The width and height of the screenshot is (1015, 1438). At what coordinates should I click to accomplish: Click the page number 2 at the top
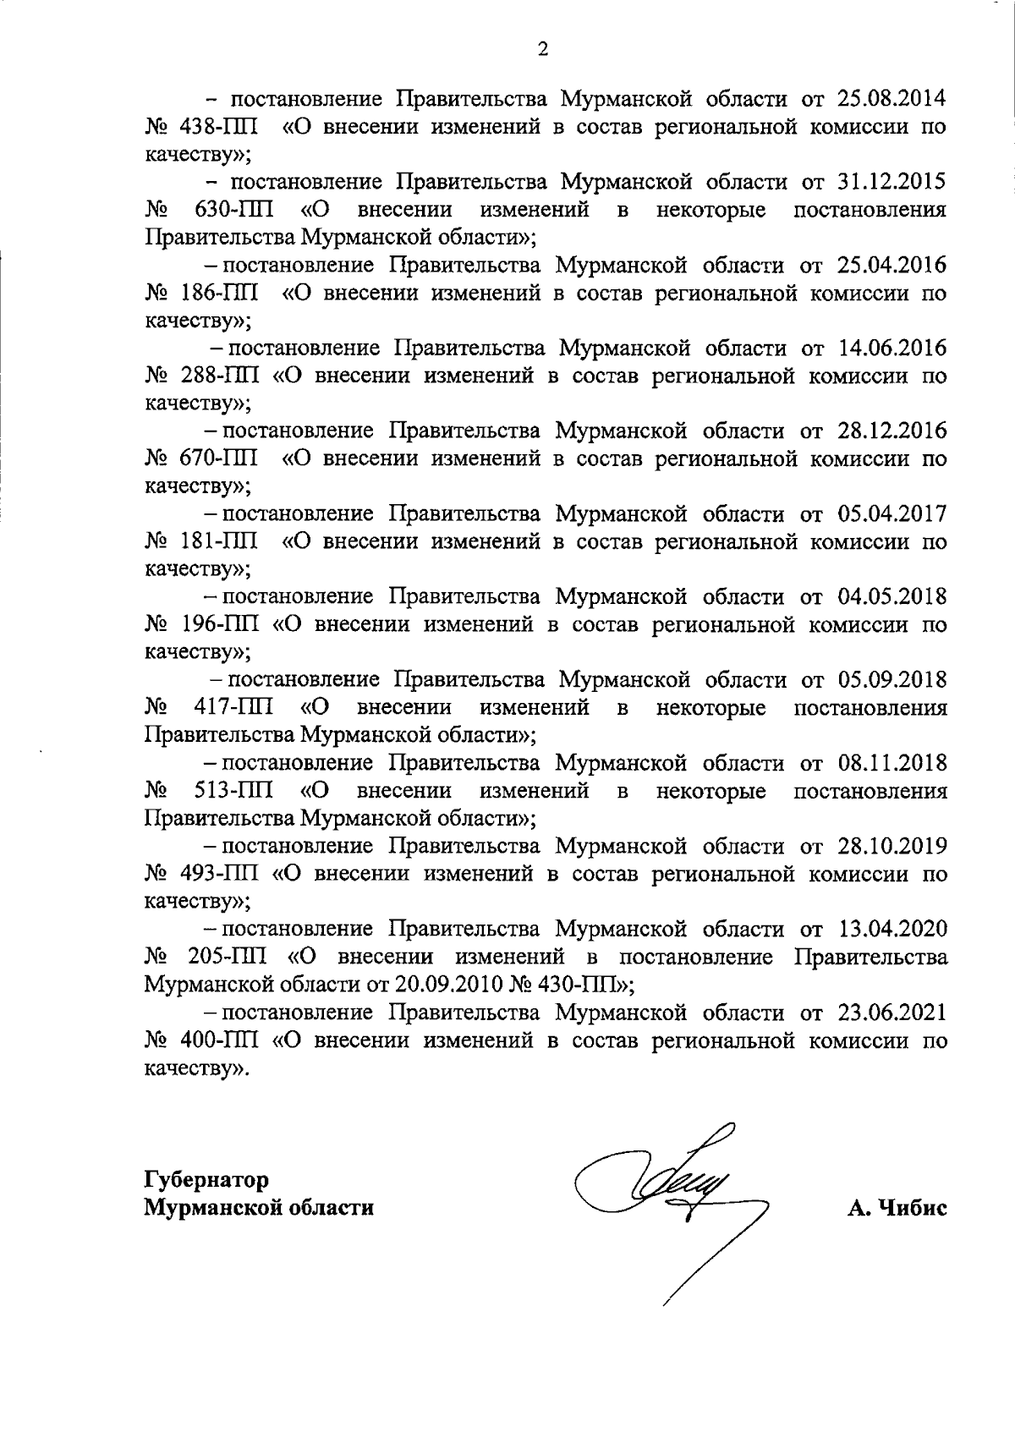pos(543,49)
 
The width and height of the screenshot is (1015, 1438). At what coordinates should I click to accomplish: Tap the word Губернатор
pos(207,1178)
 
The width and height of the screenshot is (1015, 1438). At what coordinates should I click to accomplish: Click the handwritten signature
pos(668,1201)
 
